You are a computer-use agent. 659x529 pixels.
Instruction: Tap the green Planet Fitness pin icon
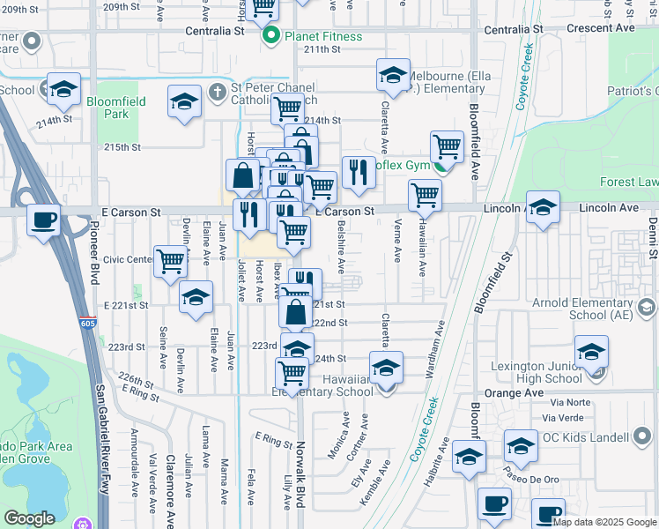pos(272,36)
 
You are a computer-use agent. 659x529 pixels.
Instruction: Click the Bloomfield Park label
pos(115,108)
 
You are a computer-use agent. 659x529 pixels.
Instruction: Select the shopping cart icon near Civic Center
pos(170,261)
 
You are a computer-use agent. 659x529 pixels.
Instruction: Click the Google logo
pos(29,518)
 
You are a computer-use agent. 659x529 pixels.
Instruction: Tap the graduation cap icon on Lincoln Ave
pos(542,209)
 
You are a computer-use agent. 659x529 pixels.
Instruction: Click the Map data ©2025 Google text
pos(604,522)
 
